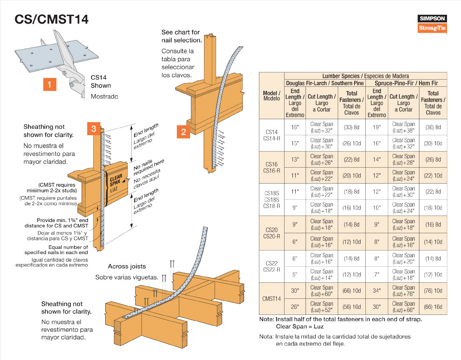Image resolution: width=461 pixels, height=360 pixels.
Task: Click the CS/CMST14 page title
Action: pos(52,19)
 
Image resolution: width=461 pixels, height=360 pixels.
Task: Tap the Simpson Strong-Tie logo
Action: pos(432,24)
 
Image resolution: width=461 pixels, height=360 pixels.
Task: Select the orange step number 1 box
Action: pos(50,84)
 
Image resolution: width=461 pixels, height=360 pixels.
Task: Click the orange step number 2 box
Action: pos(183,132)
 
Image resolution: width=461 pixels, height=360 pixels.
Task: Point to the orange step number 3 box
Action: pos(94,129)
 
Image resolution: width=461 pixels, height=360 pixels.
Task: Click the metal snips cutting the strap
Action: pos(68,62)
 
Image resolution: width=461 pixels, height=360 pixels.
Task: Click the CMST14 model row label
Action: pos(271,298)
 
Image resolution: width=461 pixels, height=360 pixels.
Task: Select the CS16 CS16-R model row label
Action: pos(271,167)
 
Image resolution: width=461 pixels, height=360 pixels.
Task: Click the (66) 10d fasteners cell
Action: pos(352,291)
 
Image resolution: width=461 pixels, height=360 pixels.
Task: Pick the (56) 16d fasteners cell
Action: pos(352,307)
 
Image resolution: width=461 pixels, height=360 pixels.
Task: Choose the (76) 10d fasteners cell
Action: pos(433,291)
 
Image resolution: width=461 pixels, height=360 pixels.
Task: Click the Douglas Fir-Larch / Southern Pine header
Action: pos(325,83)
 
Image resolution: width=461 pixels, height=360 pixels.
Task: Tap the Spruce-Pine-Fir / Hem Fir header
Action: pos(406,83)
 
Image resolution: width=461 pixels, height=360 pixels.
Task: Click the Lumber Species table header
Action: pos(365,76)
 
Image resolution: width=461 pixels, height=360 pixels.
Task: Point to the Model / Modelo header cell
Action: pos(272,96)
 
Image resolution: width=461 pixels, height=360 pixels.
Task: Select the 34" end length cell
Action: pos(377,291)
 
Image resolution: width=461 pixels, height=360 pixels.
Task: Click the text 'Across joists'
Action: pos(127,266)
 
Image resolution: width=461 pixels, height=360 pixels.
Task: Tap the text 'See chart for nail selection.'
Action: pos(182,36)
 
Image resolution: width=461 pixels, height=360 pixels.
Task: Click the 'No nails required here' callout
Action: pos(149,167)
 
